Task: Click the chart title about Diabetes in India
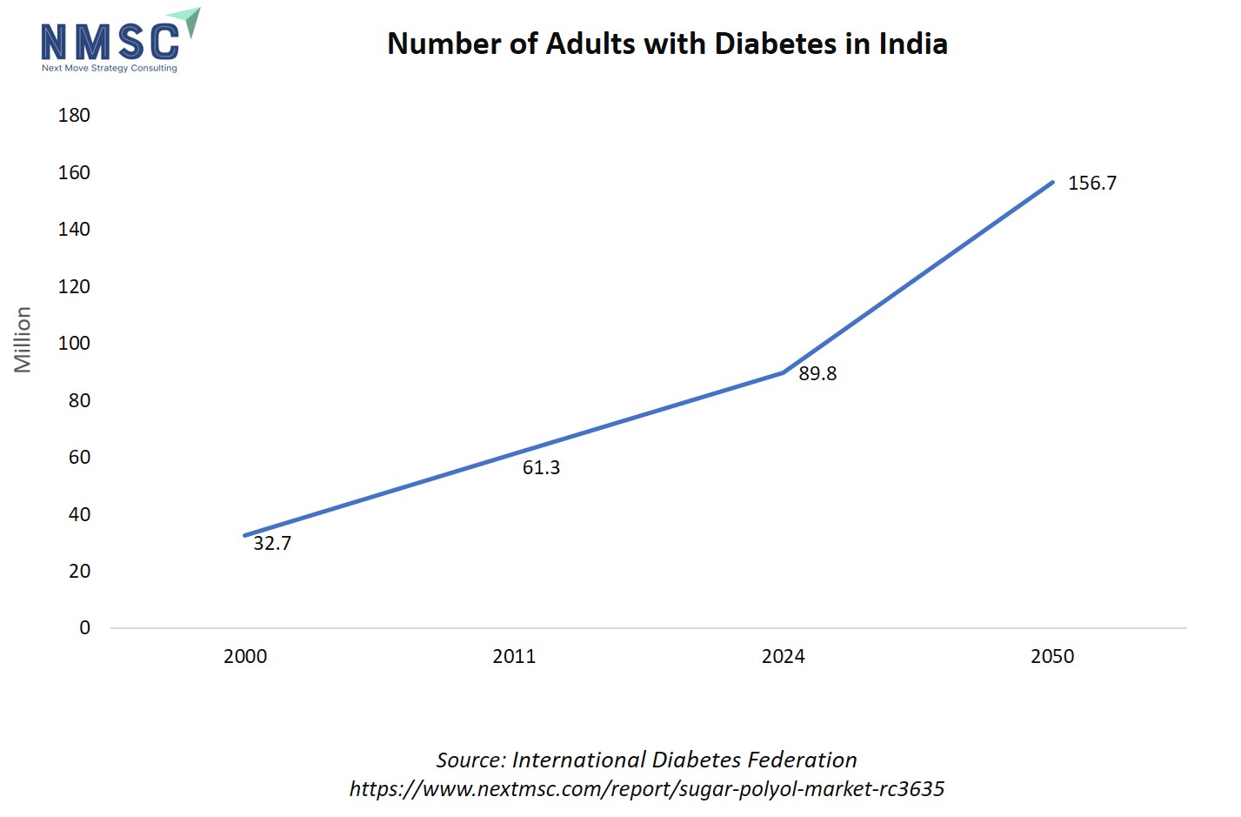point(667,44)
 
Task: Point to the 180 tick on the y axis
point(74,115)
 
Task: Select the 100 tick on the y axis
point(74,343)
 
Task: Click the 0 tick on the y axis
point(84,627)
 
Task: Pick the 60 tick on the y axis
point(79,457)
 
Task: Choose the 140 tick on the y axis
point(74,229)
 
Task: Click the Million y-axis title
point(23,339)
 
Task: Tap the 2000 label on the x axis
point(245,656)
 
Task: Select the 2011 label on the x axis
point(514,656)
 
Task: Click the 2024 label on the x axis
point(783,656)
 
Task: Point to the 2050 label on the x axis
point(1052,656)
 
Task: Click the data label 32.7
point(272,543)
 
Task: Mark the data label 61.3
point(541,467)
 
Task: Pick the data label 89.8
point(817,373)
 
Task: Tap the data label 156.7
point(1092,183)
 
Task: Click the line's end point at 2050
point(1052,182)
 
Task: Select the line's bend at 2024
point(784,372)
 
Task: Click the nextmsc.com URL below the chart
point(647,788)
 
